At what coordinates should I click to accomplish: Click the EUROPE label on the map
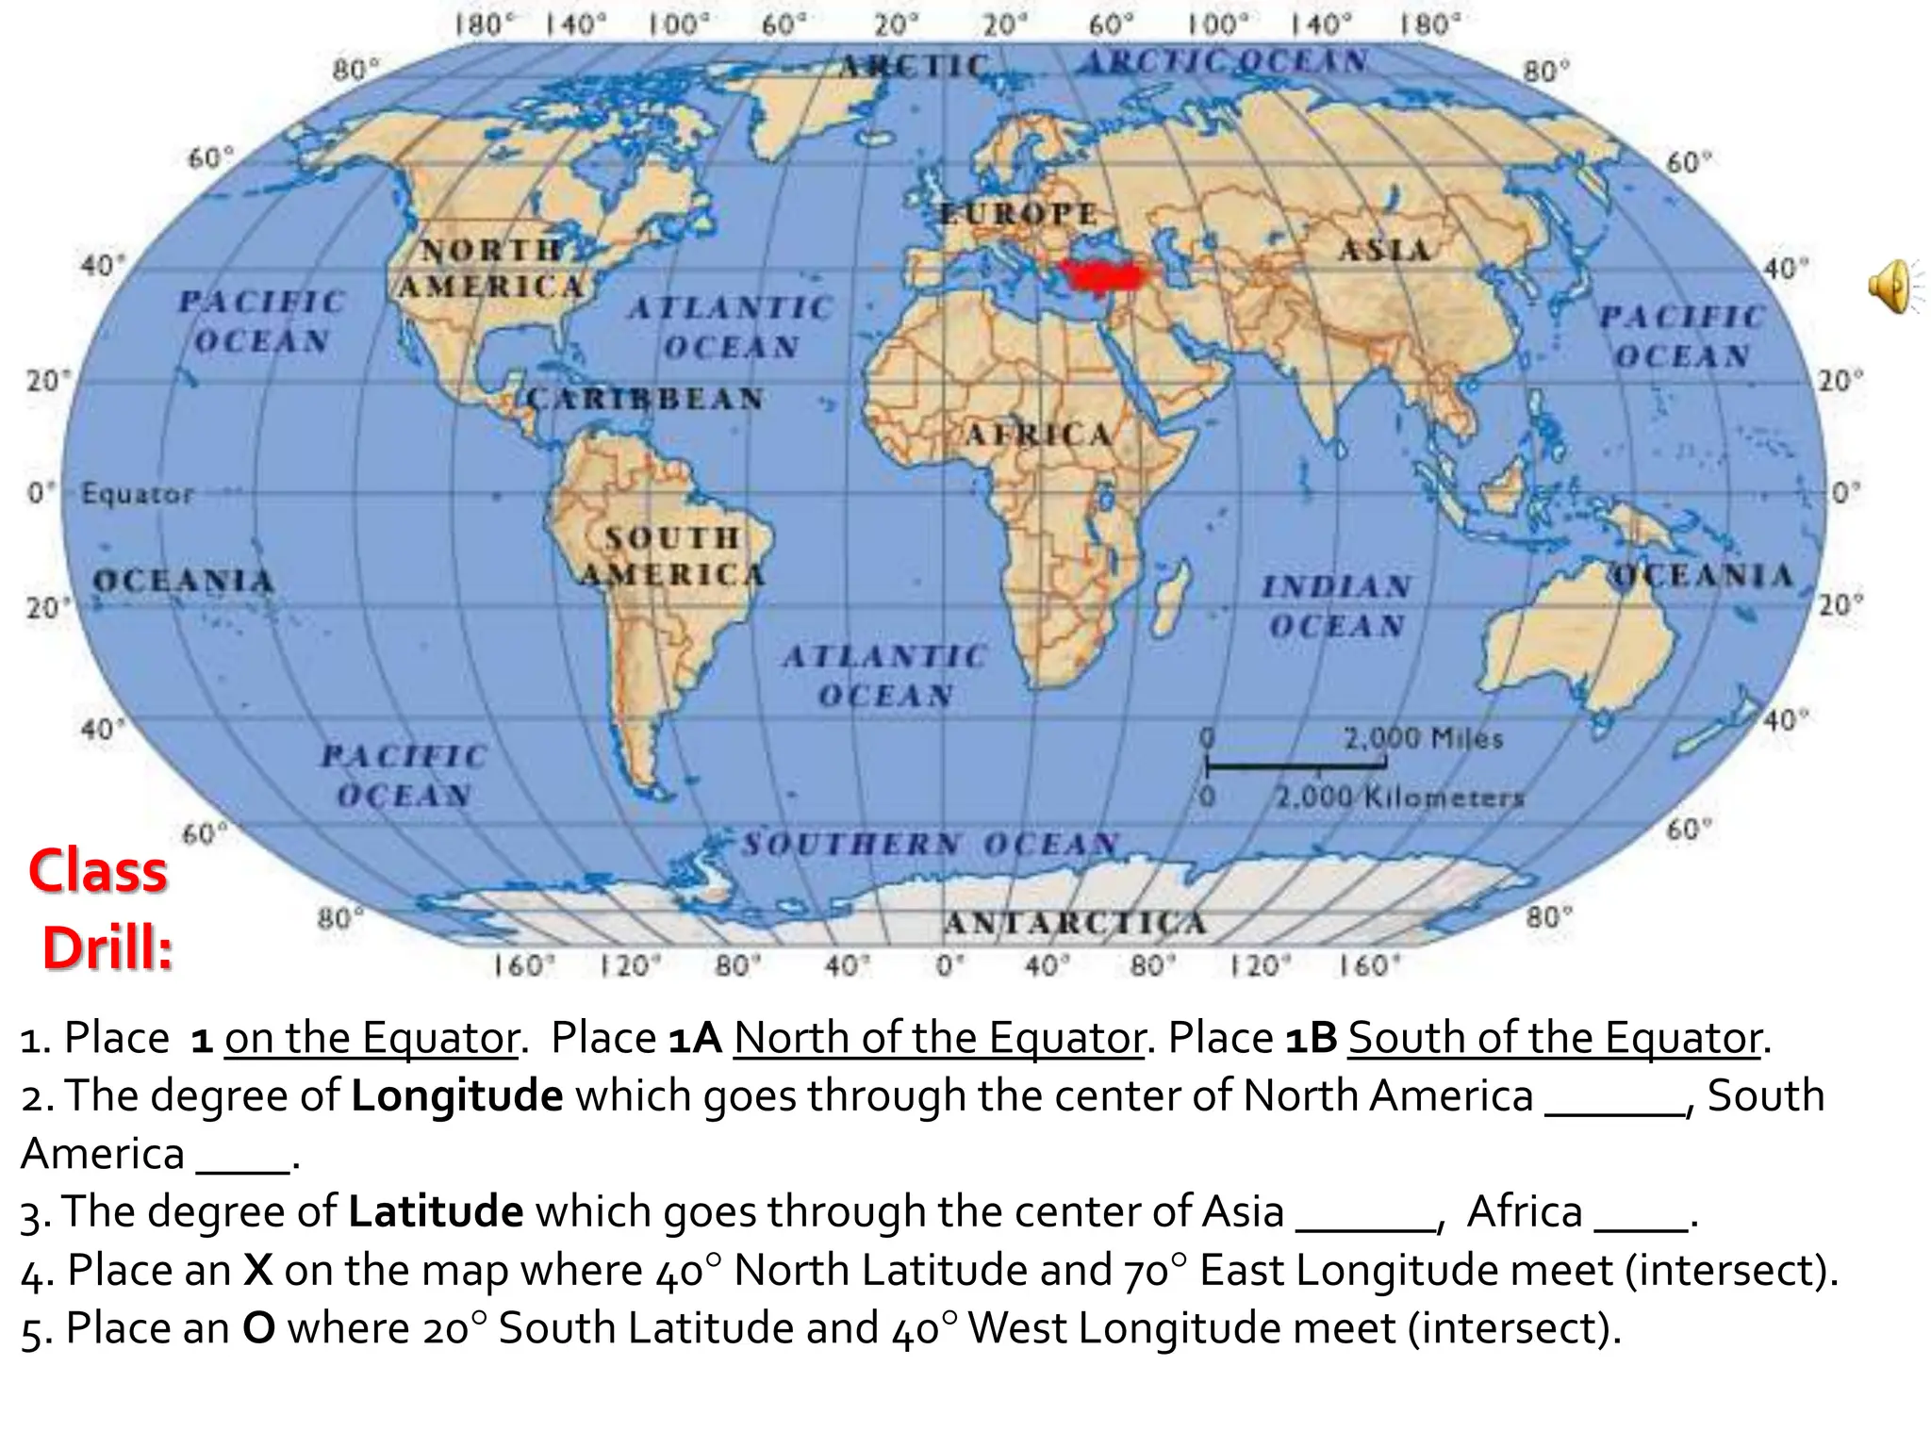(1019, 214)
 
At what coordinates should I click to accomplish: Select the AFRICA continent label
(1038, 435)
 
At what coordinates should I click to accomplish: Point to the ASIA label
(1384, 250)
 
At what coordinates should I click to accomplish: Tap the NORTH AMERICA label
(491, 268)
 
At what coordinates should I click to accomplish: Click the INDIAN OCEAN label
(1337, 606)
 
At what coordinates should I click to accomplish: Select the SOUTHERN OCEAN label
(930, 843)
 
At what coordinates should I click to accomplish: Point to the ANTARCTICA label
(1075, 922)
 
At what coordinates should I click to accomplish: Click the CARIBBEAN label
(645, 399)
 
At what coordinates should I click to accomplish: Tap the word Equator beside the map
(138, 494)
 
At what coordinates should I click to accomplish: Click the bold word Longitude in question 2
(457, 1095)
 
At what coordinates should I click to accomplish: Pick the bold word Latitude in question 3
(436, 1211)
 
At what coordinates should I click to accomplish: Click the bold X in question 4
(258, 1270)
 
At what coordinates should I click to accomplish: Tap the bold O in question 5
(258, 1328)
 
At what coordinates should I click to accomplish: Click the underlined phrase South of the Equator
(1555, 1038)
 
